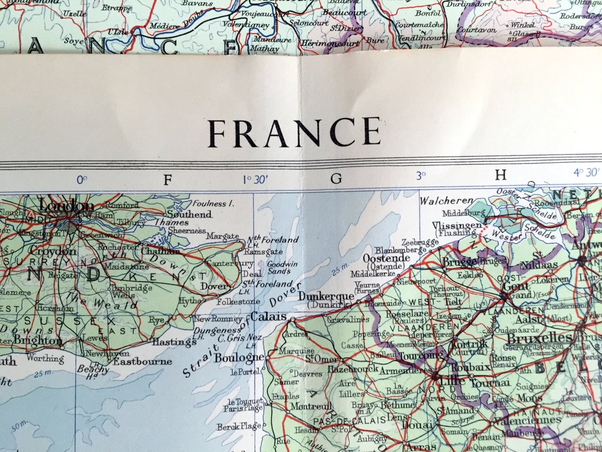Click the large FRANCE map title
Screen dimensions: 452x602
coord(294,133)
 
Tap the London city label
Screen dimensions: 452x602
coord(66,206)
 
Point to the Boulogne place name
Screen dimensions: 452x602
coord(239,358)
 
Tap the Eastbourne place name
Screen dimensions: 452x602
coord(143,361)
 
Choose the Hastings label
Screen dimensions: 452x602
coord(174,342)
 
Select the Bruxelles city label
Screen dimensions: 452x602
coord(540,339)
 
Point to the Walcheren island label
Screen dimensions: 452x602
coord(446,200)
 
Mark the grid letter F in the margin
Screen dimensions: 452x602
coord(167,179)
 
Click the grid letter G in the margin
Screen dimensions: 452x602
coord(336,179)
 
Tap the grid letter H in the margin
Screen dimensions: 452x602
coord(501,176)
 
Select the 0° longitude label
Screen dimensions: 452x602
coord(82,180)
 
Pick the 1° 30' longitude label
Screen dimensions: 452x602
coord(254,179)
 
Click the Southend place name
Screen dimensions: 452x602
coord(190,214)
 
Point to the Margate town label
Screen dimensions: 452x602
coord(222,236)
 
